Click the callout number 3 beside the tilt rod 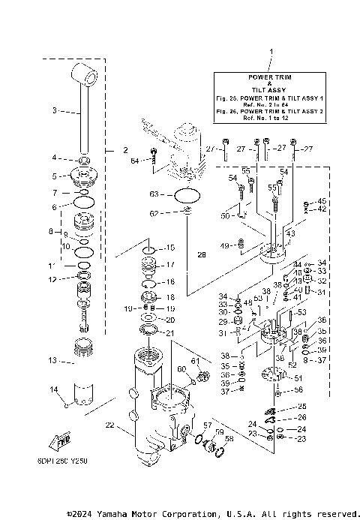point(55,111)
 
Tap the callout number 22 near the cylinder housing point(109,425)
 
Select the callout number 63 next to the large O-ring point(154,194)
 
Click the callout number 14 point(53,389)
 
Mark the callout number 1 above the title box point(271,53)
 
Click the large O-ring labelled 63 point(187,197)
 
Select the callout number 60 point(181,368)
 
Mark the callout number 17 point(170,265)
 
